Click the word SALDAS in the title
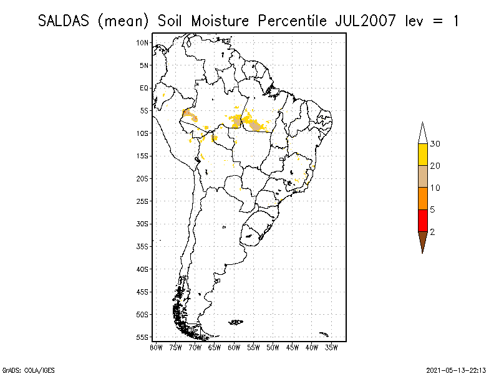(65, 21)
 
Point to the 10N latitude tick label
(143, 42)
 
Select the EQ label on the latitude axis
(144, 88)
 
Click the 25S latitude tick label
(143, 201)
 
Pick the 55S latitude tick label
(143, 337)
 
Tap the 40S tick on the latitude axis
(143, 269)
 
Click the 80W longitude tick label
(156, 347)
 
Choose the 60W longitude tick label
(234, 347)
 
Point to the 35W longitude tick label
(331, 347)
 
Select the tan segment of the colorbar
(423, 176)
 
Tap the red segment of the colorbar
(423, 220)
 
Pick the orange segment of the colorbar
(423, 198)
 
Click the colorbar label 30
(435, 144)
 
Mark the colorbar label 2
(433, 231)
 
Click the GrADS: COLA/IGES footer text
(21, 369)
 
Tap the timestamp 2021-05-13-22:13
(457, 369)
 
